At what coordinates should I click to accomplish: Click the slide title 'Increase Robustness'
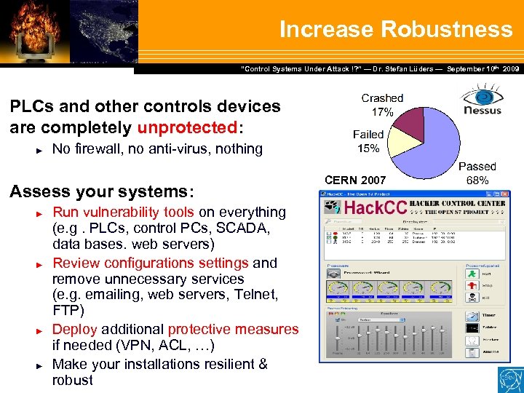tap(396, 29)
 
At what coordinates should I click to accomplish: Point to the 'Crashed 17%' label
tap(382, 105)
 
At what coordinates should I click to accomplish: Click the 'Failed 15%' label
tap(368, 141)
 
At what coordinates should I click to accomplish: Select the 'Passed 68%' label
tap(477, 173)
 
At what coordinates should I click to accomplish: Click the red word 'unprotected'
tap(186, 127)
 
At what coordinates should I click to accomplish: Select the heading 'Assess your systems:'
tap(102, 191)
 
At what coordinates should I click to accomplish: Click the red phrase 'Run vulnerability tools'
tap(123, 213)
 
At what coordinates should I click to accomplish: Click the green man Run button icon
tap(472, 274)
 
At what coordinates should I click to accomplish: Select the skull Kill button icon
tap(472, 298)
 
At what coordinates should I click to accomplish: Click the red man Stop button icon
tap(472, 286)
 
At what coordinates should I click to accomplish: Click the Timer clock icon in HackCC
tap(472, 315)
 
